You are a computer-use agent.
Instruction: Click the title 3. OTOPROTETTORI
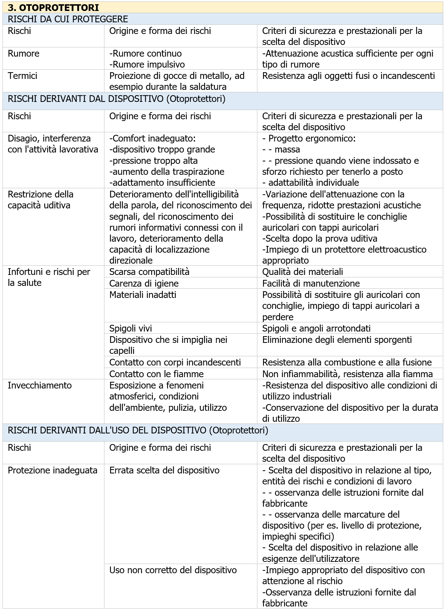53,7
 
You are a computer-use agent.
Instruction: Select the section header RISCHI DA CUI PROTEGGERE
68,19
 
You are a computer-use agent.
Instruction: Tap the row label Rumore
23,53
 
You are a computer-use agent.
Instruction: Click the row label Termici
22,76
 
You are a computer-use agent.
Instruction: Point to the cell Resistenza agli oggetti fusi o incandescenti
348,76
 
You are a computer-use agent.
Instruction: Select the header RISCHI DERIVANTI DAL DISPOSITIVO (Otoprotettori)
116,99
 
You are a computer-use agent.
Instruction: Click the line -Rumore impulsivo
147,64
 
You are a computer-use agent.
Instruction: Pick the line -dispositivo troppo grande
162,149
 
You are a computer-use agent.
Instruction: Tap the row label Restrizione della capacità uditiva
40,200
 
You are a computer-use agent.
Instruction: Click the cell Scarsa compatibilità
149,272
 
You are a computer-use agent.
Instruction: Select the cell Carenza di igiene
144,283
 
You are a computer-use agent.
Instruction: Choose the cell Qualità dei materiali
302,272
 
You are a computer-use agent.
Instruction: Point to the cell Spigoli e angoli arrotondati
316,328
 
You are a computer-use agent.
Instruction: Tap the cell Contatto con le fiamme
156,374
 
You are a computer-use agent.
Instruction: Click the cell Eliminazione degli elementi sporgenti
337,340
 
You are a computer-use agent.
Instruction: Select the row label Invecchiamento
40,385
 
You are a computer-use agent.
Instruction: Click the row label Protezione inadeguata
52,470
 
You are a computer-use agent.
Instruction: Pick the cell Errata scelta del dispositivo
164,470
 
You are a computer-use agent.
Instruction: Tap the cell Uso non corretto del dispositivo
173,570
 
